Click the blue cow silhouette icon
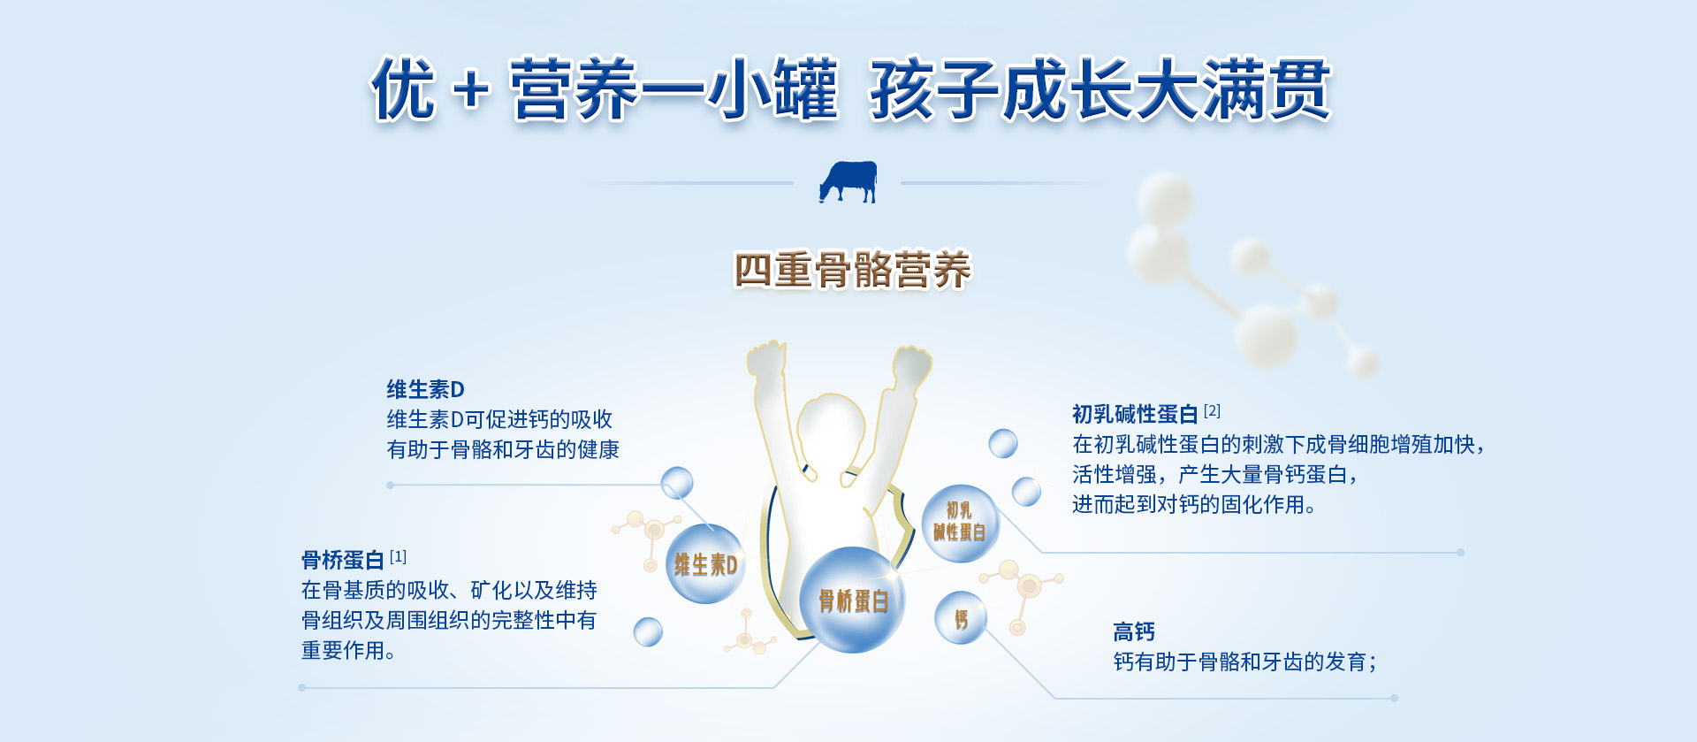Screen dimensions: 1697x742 pyautogui.click(x=848, y=182)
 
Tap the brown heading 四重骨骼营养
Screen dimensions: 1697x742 pyautogui.click(x=852, y=270)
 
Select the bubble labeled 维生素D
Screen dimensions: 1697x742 pyautogui.click(x=705, y=563)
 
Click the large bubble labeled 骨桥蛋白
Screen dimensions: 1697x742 pyautogui.click(x=852, y=600)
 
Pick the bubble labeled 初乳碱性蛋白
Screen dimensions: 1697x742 pyautogui.click(x=960, y=523)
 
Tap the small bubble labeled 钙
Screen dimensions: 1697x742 pyautogui.click(x=961, y=618)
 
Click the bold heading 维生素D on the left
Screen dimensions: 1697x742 pyautogui.click(x=425, y=389)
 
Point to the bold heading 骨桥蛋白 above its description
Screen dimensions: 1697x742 pyautogui.click(x=342, y=560)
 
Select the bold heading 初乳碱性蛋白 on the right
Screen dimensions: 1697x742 pyautogui.click(x=1135, y=414)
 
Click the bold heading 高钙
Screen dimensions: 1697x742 pyautogui.click(x=1134, y=631)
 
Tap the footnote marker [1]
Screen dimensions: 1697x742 pyautogui.click(x=398, y=556)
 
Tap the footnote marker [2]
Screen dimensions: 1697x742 pyautogui.click(x=1212, y=410)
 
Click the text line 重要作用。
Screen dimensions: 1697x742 pyautogui.click(x=348, y=650)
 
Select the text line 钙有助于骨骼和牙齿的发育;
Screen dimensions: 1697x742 pyautogui.click(x=1244, y=662)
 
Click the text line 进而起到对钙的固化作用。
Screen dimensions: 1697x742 pyautogui.click(x=1194, y=504)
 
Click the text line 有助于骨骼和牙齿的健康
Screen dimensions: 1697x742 pyautogui.click(x=503, y=449)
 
